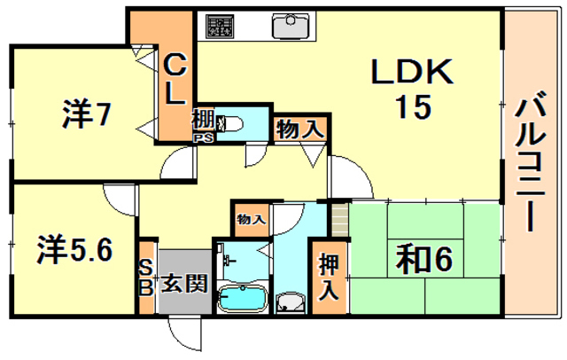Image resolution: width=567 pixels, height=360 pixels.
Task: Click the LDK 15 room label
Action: pos(413,88)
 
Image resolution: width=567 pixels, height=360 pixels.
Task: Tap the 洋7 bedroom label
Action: pos(86,114)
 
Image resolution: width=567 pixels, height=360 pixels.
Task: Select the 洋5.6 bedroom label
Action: pos(74,249)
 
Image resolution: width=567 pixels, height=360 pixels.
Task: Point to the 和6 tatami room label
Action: pos(423,259)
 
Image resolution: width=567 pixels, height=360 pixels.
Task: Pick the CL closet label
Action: pos(175,79)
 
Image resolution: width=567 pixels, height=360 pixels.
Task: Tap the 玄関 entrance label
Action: pos(184,283)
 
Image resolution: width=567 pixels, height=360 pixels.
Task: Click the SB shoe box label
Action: pos(145,278)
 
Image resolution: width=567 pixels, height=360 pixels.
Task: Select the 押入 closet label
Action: pos(329,278)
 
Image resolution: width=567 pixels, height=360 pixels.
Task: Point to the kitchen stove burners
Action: pos(220,26)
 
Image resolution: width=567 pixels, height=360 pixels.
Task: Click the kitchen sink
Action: pos(291,26)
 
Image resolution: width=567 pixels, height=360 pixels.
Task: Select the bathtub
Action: pos(242,298)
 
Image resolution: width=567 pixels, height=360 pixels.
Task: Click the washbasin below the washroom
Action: pos(291,302)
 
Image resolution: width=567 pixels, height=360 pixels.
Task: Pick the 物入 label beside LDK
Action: pos(300,129)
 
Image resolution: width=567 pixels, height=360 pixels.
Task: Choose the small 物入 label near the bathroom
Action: pos(252,219)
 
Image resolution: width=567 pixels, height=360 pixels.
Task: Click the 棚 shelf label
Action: pos(204,120)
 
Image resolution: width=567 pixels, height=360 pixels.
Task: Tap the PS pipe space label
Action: pos(205,137)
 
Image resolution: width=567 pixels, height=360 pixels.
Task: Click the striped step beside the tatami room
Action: pos(339,220)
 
